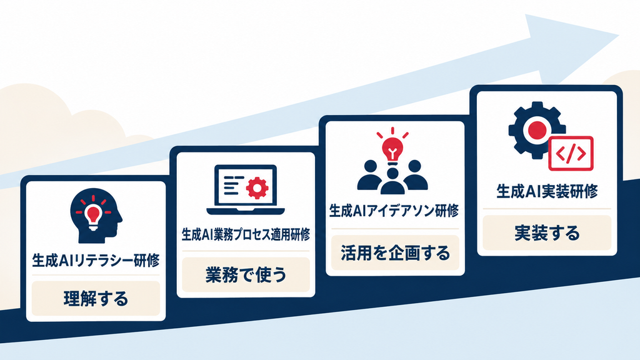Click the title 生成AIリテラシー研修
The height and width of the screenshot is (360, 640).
(x=96, y=261)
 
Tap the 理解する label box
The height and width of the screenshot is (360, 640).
(x=96, y=298)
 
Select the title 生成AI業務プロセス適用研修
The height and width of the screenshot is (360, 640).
(x=246, y=235)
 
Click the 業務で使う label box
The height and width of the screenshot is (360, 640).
(x=246, y=275)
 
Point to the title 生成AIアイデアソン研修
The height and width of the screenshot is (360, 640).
(x=394, y=211)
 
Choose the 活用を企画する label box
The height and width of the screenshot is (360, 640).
(x=395, y=252)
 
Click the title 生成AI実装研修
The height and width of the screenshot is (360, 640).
(x=547, y=191)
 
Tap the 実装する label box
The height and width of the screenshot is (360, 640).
(x=547, y=232)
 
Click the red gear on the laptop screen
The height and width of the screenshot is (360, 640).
(x=257, y=187)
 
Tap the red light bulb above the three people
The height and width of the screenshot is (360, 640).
(x=392, y=147)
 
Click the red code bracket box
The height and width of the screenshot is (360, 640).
(x=571, y=153)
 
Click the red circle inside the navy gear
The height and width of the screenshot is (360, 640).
(x=537, y=130)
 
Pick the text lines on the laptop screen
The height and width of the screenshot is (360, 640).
(x=233, y=185)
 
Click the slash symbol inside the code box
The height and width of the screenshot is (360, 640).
(x=571, y=153)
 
